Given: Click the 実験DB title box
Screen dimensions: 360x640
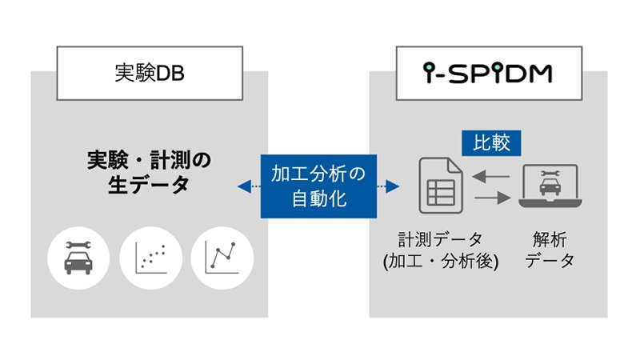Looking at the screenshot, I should pyautogui.click(x=150, y=72).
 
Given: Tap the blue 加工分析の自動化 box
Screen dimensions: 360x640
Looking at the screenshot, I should pyautogui.click(x=318, y=186).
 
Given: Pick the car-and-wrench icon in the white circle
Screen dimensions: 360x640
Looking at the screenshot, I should pyautogui.click(x=78, y=258).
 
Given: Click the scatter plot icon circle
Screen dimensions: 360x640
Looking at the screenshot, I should pyautogui.click(x=150, y=258).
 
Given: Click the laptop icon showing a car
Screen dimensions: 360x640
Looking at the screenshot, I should pyautogui.click(x=548, y=186).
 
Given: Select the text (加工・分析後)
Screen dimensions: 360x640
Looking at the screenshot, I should pyautogui.click(x=440, y=261).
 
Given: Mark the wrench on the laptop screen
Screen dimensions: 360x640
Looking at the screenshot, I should pyautogui.click(x=548, y=173).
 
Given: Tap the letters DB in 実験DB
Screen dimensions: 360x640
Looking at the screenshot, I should pyautogui.click(x=174, y=72).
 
